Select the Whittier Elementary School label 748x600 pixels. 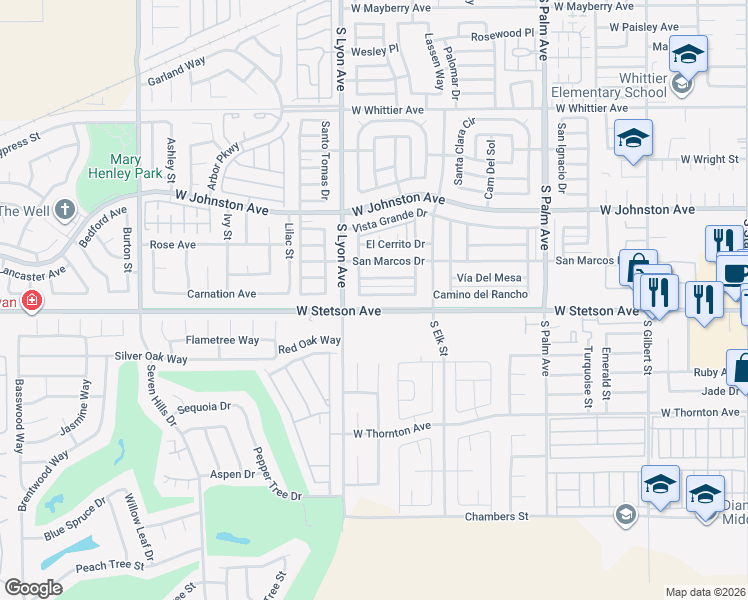(609, 85)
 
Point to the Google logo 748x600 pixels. (33, 588)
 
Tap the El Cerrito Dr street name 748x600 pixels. (396, 244)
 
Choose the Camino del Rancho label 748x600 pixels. (480, 294)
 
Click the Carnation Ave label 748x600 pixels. (222, 294)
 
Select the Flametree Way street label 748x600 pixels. (222, 341)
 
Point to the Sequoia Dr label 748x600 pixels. (203, 407)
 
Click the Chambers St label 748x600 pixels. (495, 516)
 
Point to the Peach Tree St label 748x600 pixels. (104, 566)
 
